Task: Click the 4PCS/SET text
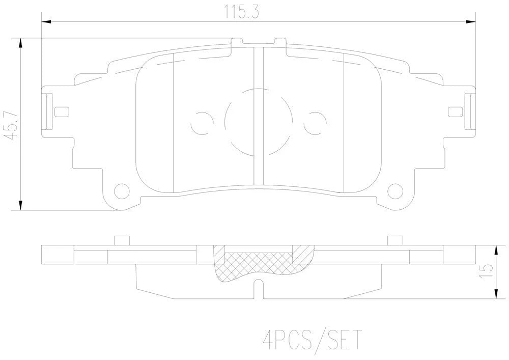[x=312, y=340]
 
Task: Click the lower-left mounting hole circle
[x=122, y=191]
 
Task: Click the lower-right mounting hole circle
[x=395, y=191]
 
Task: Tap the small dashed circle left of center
[x=202, y=123]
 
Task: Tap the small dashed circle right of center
[x=315, y=123]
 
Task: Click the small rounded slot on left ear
[x=62, y=112]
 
